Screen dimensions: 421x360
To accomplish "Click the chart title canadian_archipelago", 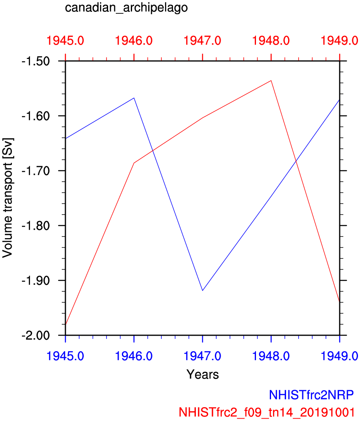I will (x=126, y=8).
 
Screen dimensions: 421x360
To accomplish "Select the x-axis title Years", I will (x=202, y=374).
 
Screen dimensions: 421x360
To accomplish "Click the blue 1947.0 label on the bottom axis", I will (x=203, y=356).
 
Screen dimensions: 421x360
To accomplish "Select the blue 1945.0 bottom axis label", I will (x=65, y=356).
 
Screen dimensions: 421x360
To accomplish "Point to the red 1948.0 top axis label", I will (x=271, y=41).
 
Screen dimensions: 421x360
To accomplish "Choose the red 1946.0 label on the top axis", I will (x=134, y=41).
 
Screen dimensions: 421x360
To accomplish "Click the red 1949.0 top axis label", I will (x=339, y=41).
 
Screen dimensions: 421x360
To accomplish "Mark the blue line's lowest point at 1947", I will (x=202, y=291).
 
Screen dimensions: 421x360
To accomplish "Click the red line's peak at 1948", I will (x=271, y=80).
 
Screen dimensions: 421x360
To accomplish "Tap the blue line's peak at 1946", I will (x=134, y=98).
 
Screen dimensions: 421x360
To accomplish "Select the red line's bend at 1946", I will (x=134, y=163).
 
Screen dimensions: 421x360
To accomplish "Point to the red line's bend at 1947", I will (x=202, y=118).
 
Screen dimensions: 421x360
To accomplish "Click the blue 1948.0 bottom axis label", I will (x=271, y=356).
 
